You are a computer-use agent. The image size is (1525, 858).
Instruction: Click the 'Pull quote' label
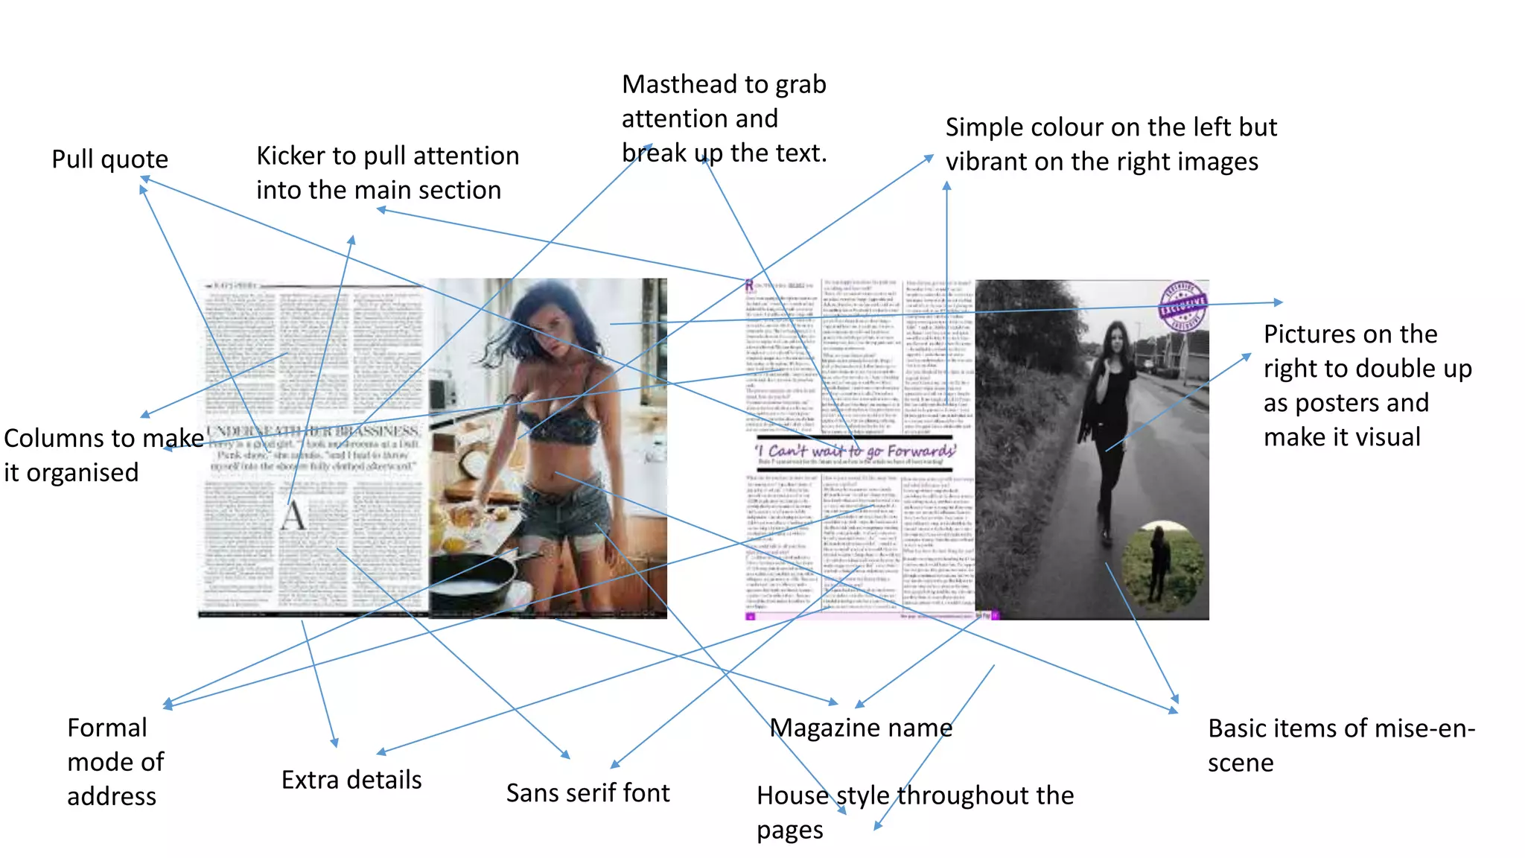(x=109, y=159)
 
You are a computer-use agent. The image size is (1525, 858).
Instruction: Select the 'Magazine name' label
(x=860, y=728)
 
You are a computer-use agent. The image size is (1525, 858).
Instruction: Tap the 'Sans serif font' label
(x=588, y=793)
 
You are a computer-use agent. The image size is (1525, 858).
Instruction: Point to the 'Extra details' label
(x=351, y=780)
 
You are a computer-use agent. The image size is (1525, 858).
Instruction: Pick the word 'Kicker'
(x=290, y=156)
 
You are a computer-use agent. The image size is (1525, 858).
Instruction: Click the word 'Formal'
(x=107, y=728)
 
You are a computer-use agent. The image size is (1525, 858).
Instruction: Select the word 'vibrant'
(x=990, y=162)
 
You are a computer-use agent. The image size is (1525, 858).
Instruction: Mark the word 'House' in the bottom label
(x=792, y=796)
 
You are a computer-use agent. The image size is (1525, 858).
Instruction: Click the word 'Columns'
(x=51, y=439)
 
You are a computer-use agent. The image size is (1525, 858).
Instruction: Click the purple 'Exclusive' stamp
(x=1182, y=305)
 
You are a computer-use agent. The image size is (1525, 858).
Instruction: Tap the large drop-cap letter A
(x=293, y=515)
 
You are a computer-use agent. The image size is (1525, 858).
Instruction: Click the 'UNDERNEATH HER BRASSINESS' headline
(x=313, y=431)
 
